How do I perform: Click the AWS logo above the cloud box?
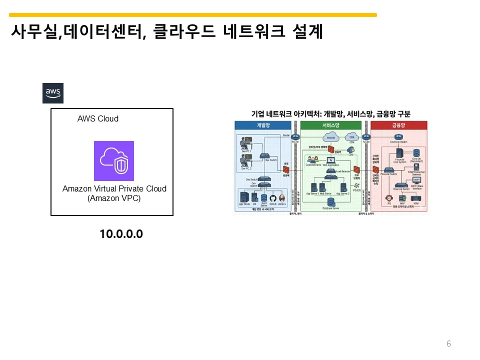(x=53, y=93)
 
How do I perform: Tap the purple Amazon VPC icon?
(x=114, y=161)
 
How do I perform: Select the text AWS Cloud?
(x=98, y=119)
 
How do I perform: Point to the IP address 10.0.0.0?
(x=121, y=234)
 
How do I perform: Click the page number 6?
(x=448, y=343)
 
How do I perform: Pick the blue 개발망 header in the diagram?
(x=263, y=126)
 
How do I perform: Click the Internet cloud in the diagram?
(x=330, y=136)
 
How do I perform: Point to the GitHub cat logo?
(x=273, y=197)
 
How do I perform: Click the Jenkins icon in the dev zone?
(x=282, y=197)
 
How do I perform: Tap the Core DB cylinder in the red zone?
(x=416, y=152)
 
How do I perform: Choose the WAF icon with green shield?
(x=402, y=198)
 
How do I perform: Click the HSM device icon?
(x=415, y=198)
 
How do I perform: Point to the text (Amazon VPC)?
(x=114, y=198)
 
